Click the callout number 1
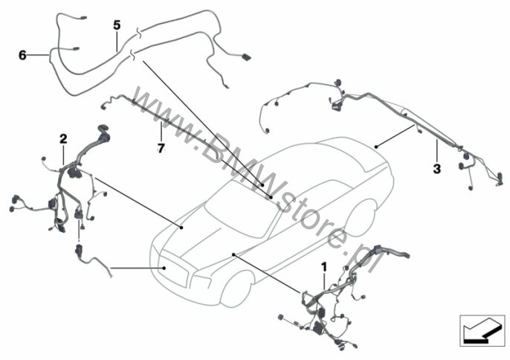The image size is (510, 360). [323, 266]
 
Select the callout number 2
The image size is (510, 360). [63, 138]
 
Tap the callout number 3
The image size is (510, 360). [436, 169]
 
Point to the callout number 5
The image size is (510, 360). [117, 25]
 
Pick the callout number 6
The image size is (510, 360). [22, 55]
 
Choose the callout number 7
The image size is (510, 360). [159, 147]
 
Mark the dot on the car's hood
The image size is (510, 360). [181, 224]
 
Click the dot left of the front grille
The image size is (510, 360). [164, 266]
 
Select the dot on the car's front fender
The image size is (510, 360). [233, 254]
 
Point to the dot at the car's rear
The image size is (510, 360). [376, 148]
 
